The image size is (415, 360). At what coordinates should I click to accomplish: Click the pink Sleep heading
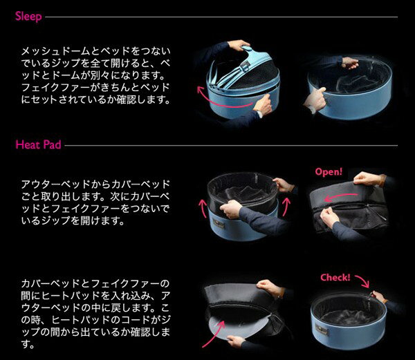(x=28, y=17)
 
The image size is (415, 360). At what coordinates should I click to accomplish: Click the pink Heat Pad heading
(x=38, y=144)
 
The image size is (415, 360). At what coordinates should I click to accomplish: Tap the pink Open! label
(x=329, y=172)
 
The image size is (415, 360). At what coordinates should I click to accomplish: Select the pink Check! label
(x=335, y=277)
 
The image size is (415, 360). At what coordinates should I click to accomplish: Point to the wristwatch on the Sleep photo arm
(x=259, y=113)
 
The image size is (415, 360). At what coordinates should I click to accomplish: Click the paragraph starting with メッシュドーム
(x=95, y=75)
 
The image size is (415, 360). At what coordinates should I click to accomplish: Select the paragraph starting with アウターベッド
(x=95, y=202)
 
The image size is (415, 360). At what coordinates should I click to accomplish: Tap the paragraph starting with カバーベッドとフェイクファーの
(x=95, y=314)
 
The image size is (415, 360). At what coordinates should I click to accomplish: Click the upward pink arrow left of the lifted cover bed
(x=203, y=208)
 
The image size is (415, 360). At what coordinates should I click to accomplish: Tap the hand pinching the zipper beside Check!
(x=377, y=296)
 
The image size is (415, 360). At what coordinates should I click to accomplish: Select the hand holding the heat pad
(x=236, y=341)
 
